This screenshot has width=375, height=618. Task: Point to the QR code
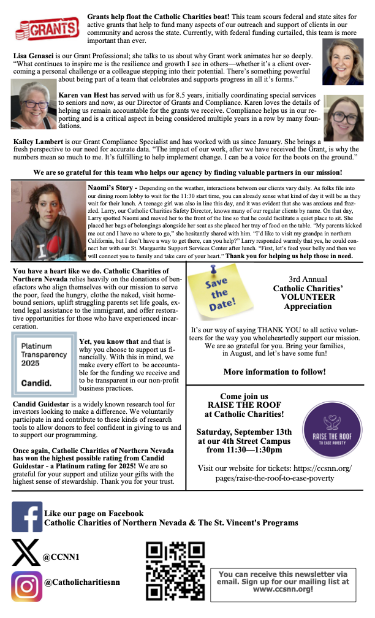[x=175, y=571]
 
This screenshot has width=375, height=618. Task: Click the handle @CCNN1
[x=59, y=558]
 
